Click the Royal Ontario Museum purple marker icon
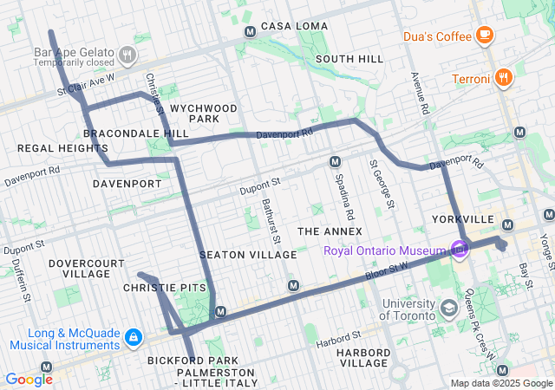pyautogui.click(x=459, y=250)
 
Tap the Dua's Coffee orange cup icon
pyautogui.click(x=484, y=36)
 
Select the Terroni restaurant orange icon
pyautogui.click(x=504, y=79)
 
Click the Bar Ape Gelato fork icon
pyautogui.click(x=127, y=55)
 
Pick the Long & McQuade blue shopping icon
pyautogui.click(x=134, y=336)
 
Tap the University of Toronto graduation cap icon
pyautogui.click(x=448, y=309)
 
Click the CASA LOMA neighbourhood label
pyautogui.click(x=285, y=26)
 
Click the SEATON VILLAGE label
pyautogui.click(x=248, y=255)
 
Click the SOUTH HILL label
pyautogui.click(x=349, y=59)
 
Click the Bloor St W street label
pyautogui.click(x=388, y=272)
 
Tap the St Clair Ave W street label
pyautogui.click(x=86, y=84)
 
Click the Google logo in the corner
pyautogui.click(x=29, y=379)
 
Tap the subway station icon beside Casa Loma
pyautogui.click(x=251, y=32)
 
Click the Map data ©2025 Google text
pyautogui.click(x=500, y=383)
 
